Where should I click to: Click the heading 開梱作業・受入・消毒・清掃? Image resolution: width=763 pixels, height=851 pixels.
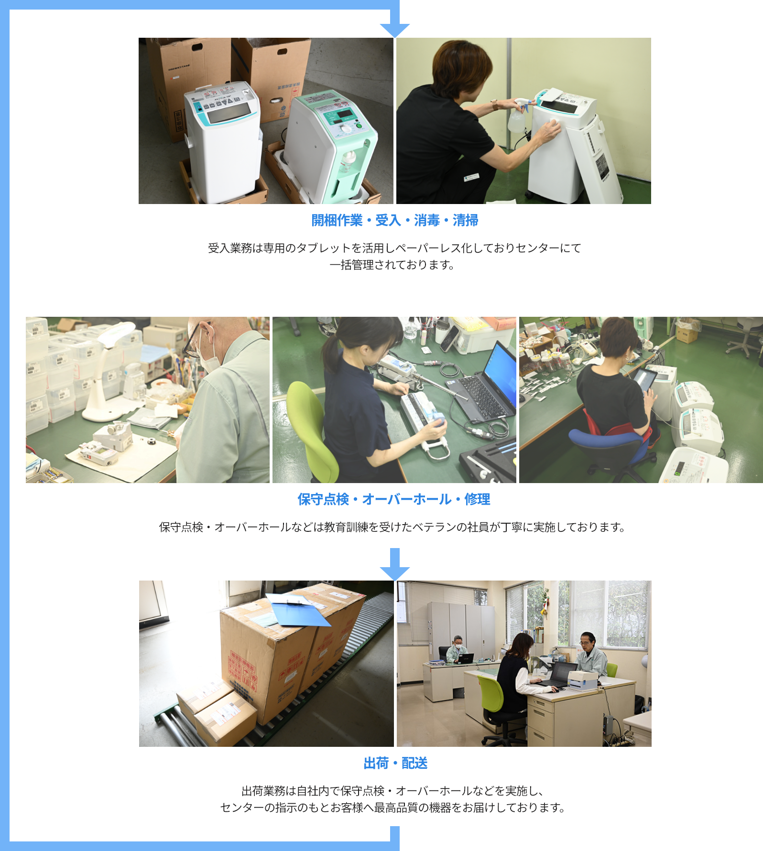(394, 220)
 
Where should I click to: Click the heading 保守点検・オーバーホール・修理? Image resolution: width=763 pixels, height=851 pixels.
(394, 499)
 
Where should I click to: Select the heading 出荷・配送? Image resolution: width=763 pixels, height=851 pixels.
(395, 763)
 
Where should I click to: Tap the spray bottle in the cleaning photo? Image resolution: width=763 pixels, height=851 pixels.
(517, 118)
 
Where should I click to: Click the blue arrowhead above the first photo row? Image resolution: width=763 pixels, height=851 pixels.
(394, 30)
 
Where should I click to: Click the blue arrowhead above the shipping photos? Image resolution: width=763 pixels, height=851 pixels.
(394, 573)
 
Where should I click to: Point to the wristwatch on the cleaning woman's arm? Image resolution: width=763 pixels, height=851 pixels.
(494, 105)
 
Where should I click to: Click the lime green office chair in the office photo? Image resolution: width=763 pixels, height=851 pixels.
(492, 698)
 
